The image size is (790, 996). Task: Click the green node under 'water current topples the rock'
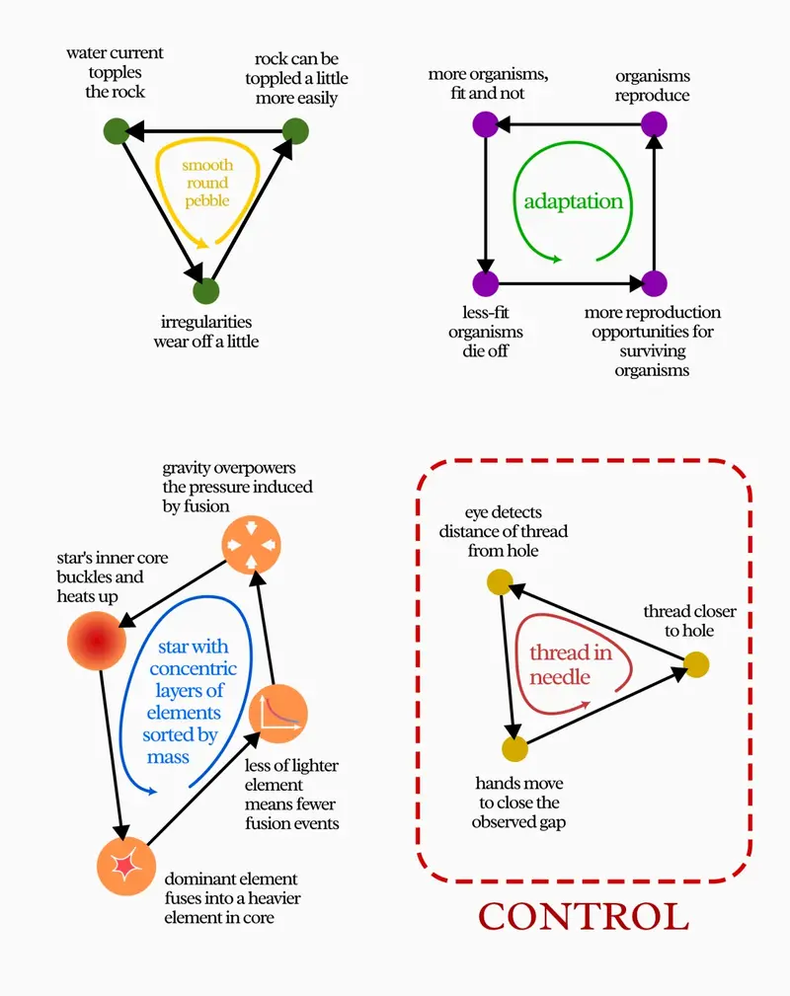pyautogui.click(x=116, y=129)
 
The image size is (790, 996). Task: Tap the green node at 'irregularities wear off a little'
pyautogui.click(x=204, y=290)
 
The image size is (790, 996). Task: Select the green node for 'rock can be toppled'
pyautogui.click(x=295, y=129)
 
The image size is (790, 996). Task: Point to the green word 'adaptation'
pyautogui.click(x=574, y=201)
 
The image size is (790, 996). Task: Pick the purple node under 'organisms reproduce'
pyautogui.click(x=652, y=124)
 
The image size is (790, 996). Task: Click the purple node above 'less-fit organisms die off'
pyautogui.click(x=485, y=283)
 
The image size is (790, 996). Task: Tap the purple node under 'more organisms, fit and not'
pyautogui.click(x=485, y=124)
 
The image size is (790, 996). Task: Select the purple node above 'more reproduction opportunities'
pyautogui.click(x=652, y=283)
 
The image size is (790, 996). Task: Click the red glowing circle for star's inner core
pyautogui.click(x=96, y=643)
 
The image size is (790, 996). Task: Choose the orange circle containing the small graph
pyautogui.click(x=278, y=713)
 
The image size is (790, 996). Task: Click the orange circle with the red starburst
pyautogui.click(x=126, y=865)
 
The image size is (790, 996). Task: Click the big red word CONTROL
pyautogui.click(x=584, y=916)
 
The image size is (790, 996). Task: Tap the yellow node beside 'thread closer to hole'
pyautogui.click(x=697, y=664)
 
